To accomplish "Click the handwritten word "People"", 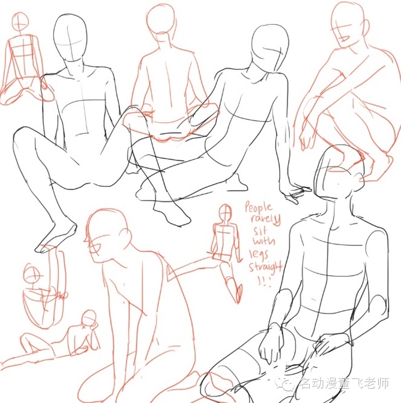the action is pos(258,208).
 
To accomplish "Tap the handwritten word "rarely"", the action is pos(265,220).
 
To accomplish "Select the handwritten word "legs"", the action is pos(258,254).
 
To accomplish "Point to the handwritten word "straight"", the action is pos(265,267).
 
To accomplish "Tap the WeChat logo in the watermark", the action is pos(287,384).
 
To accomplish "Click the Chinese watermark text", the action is pos(344,384).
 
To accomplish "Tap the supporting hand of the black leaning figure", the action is pos(296,193).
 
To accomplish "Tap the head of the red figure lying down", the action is pos(89,319).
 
